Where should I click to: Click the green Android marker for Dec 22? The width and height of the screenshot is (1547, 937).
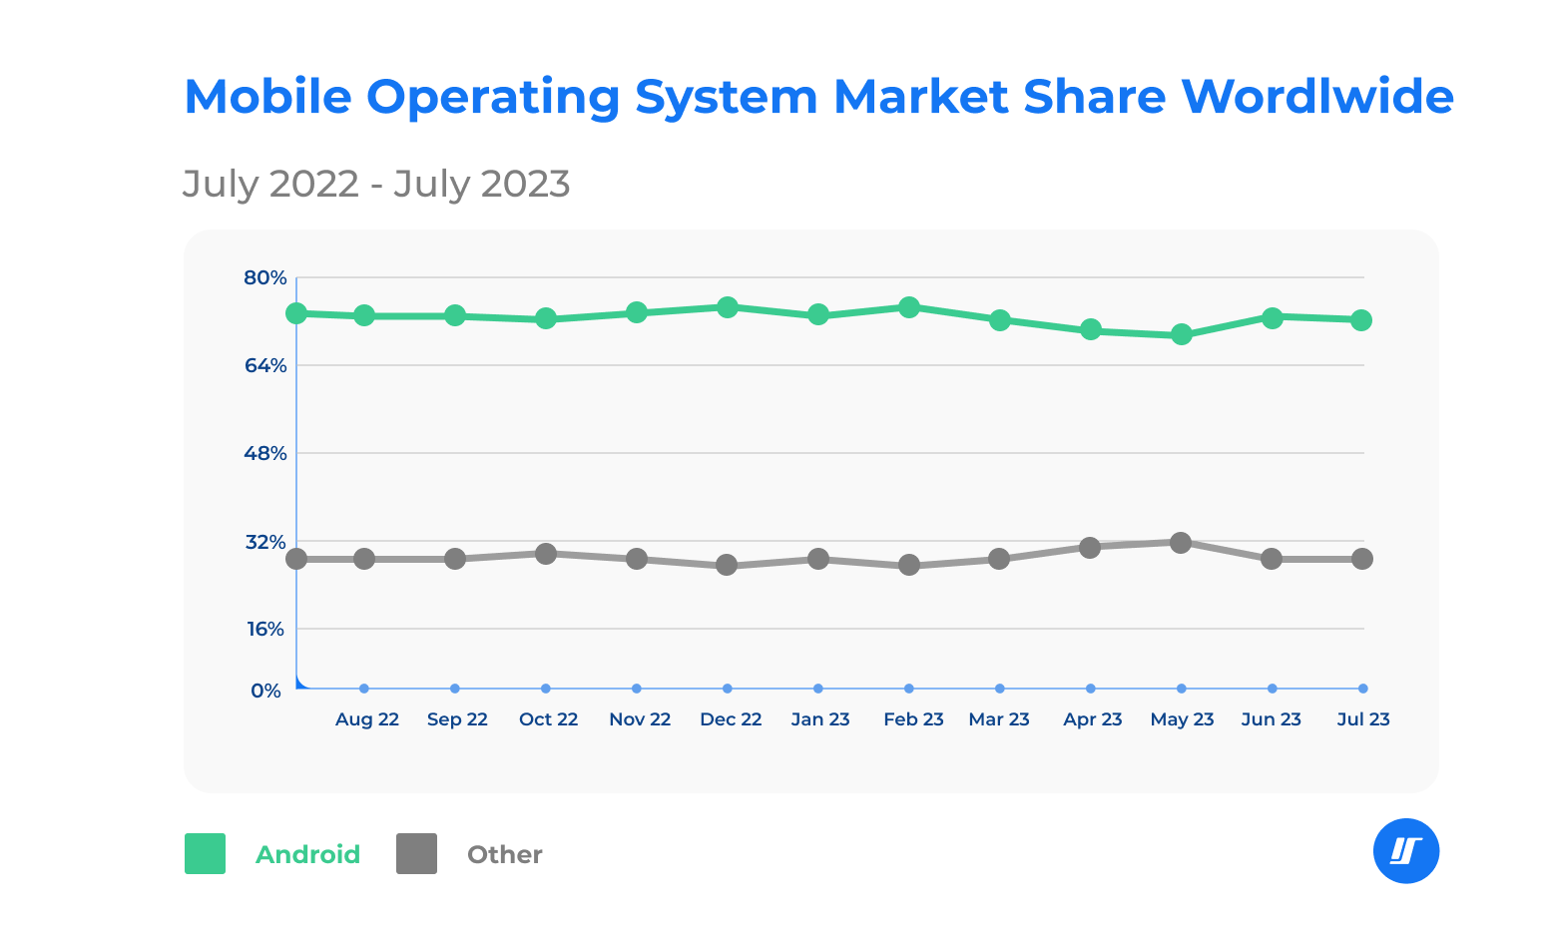(x=728, y=307)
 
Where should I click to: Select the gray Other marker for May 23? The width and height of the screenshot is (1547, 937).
(x=1181, y=543)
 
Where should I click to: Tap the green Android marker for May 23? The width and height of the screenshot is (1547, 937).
(x=1182, y=334)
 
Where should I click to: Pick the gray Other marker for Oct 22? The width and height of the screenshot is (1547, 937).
(x=546, y=554)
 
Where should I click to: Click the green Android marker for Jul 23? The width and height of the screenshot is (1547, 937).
(x=1361, y=320)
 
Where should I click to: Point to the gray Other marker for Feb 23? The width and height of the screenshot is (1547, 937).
(x=909, y=565)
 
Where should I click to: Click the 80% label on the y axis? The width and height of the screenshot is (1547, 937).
(x=265, y=277)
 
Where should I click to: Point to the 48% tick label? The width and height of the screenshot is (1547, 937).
(x=265, y=453)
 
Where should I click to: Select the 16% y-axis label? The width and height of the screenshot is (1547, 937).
(x=265, y=629)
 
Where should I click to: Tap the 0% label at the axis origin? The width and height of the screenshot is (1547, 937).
(x=266, y=691)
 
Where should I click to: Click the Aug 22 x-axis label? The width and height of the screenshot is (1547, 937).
(x=367, y=719)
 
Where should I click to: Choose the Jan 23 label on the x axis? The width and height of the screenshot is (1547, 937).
(x=820, y=719)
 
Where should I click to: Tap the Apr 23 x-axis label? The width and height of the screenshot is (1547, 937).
(x=1093, y=719)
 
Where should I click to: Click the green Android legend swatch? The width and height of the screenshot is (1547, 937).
(x=205, y=854)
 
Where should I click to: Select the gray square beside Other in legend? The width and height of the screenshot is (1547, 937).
(x=416, y=854)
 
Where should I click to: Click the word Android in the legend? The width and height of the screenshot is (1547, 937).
(x=307, y=855)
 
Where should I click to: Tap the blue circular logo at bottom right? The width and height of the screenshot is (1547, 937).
(x=1406, y=851)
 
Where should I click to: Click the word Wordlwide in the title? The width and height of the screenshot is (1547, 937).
(x=1317, y=97)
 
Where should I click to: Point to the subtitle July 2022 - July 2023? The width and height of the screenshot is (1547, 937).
(x=376, y=184)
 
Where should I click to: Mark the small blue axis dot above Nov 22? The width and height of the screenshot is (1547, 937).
(x=637, y=689)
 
